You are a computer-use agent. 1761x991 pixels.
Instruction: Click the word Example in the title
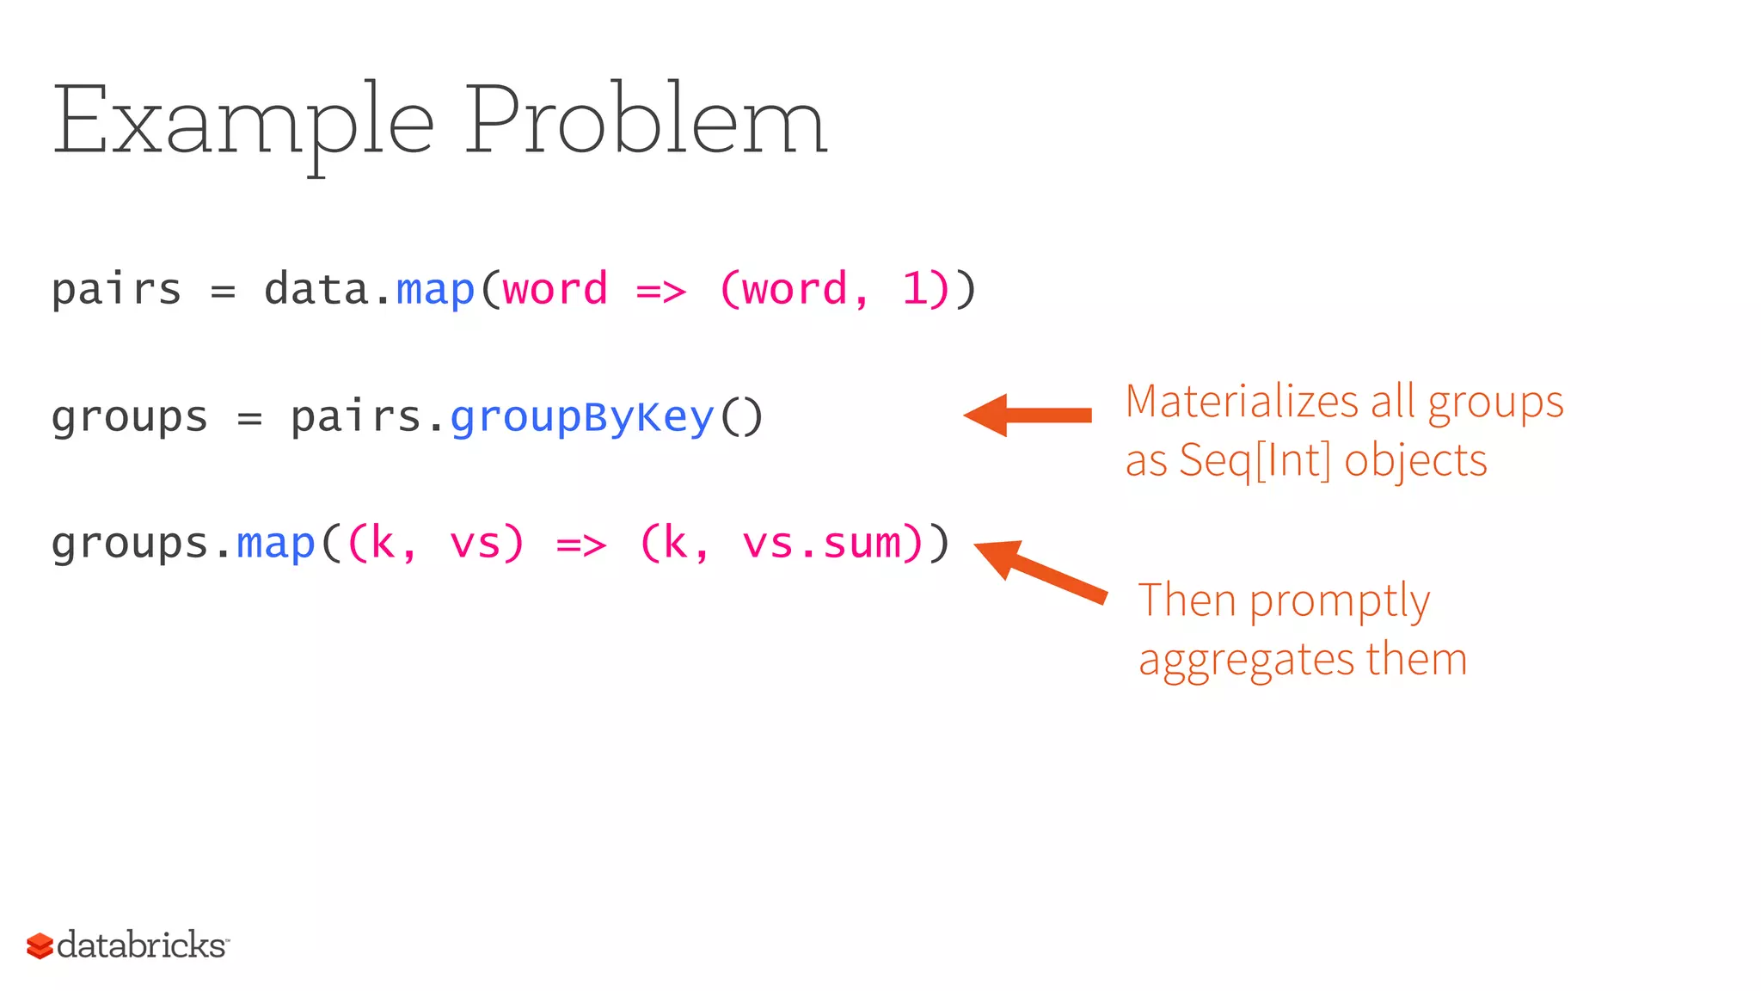243,122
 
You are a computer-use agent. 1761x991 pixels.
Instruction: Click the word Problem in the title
646,120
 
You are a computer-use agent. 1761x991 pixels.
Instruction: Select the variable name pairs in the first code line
116,289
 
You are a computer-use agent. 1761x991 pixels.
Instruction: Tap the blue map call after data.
435,289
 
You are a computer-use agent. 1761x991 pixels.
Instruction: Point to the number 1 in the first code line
914,289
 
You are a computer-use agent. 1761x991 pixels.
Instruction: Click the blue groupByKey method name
582,417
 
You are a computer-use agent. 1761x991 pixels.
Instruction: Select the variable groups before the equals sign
130,419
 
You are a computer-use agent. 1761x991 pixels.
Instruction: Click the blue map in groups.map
275,544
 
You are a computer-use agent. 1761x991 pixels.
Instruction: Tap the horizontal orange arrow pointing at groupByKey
1028,415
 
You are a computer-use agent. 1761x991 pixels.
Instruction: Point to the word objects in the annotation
1415,460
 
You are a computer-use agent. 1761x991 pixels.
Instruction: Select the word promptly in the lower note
1340,601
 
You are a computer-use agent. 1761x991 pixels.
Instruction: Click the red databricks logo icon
40,945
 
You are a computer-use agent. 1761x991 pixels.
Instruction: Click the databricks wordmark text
142,945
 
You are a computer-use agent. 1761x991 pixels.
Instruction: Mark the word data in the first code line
316,289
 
